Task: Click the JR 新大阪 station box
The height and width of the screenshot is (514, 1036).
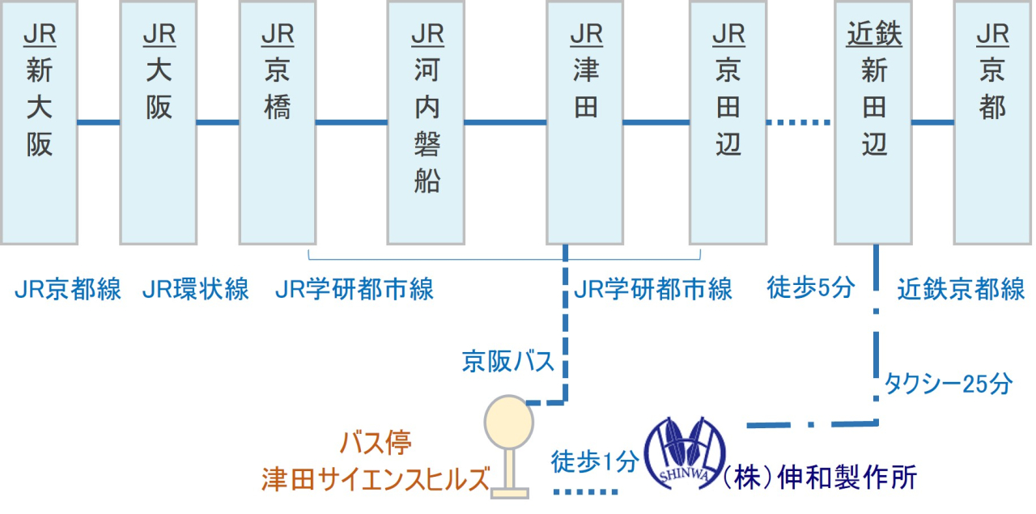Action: tap(39, 122)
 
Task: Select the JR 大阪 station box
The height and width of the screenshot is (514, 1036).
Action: tap(159, 122)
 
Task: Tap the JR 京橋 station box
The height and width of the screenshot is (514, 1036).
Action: tap(278, 122)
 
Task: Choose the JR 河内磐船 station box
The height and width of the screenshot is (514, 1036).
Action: tap(427, 122)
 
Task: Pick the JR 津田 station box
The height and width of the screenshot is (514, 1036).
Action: tap(585, 122)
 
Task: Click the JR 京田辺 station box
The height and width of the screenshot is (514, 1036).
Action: tap(728, 122)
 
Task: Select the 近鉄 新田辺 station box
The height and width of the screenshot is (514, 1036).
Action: tap(873, 122)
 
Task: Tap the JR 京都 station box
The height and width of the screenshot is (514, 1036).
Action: tap(992, 122)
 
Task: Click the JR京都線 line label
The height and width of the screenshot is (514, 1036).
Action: tap(68, 289)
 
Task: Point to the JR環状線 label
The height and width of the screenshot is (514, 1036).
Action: tap(196, 289)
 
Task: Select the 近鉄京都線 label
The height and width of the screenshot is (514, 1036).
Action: tap(962, 289)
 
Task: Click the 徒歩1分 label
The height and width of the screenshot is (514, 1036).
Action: tap(595, 461)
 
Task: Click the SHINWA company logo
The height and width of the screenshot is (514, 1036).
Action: tap(685, 453)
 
